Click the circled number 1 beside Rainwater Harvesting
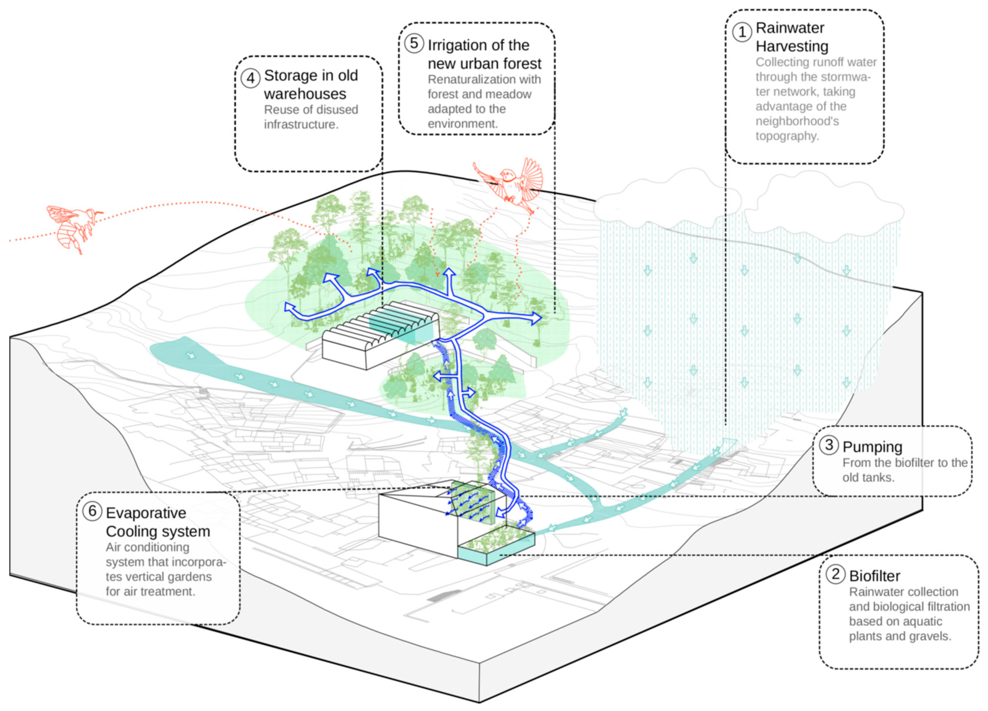(x=742, y=32)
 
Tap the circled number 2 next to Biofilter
(x=835, y=574)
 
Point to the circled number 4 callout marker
(x=250, y=78)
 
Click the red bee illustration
(x=74, y=226)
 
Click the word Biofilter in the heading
(x=874, y=576)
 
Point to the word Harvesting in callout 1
(x=792, y=46)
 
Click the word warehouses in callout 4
(x=305, y=94)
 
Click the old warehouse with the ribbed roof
(x=379, y=336)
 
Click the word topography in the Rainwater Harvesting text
(x=787, y=136)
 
